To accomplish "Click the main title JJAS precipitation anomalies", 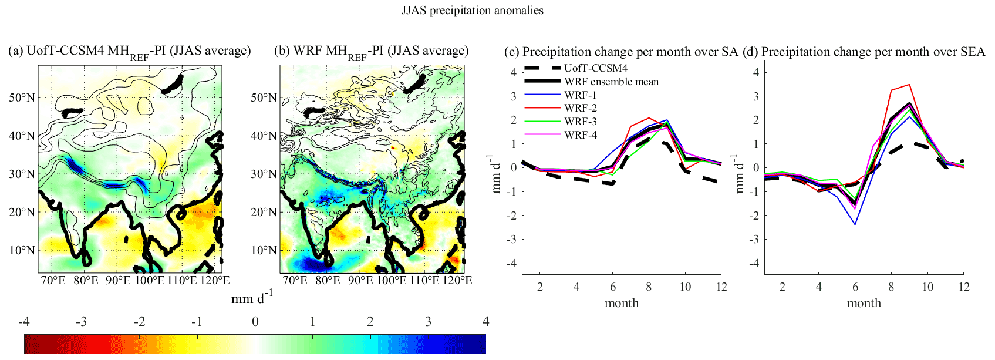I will click(x=472, y=11).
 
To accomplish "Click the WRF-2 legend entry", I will click(x=581, y=108).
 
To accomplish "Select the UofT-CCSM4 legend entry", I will click(x=596, y=68).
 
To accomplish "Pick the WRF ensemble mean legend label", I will click(x=611, y=82).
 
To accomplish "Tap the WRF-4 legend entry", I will click(x=581, y=135).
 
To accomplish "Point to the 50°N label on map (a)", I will click(x=21, y=97).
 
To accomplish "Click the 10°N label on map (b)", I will click(x=264, y=250).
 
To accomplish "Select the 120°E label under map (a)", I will click(x=215, y=280).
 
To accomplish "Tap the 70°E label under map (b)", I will click(x=295, y=280).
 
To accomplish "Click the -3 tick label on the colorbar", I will click(x=81, y=321).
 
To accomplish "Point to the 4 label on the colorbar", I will click(x=485, y=321).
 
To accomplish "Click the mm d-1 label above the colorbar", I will click(x=252, y=298).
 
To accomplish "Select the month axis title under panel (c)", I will click(x=622, y=303).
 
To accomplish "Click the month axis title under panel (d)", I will click(x=864, y=303).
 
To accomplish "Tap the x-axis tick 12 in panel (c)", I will click(x=721, y=287).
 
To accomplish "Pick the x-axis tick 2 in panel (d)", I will click(x=782, y=287).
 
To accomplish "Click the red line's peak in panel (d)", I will click(x=909, y=85).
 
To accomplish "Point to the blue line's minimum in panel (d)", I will click(x=855, y=224).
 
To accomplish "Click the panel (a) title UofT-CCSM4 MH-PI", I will click(x=130, y=52).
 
